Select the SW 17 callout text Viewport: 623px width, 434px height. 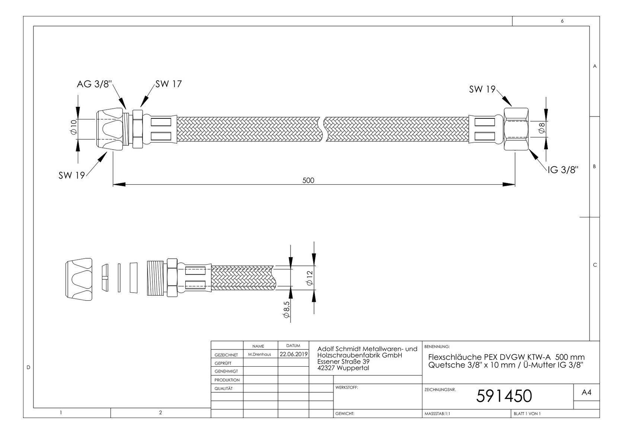(169, 84)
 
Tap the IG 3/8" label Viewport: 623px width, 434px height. (563, 170)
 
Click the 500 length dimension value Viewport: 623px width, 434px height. (308, 181)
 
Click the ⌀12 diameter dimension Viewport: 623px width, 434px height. (310, 277)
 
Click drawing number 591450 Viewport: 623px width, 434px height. (504, 396)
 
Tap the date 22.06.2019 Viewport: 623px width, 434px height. (294, 354)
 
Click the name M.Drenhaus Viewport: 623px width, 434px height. (259, 354)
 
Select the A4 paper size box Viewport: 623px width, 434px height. (586, 392)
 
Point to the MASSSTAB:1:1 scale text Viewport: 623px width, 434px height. (437, 414)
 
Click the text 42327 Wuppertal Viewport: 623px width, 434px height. (343, 368)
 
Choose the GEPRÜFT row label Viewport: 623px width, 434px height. (223, 363)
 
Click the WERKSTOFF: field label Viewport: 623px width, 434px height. (346, 387)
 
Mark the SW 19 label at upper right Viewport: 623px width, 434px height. (482, 89)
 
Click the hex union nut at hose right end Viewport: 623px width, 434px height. (516, 129)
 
